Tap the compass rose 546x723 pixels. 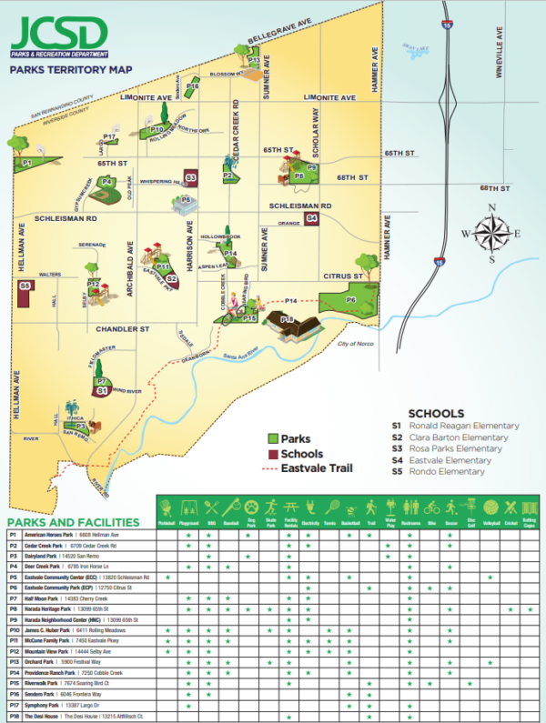(491, 232)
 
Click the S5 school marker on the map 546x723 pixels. (25, 286)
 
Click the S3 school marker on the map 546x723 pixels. (190, 176)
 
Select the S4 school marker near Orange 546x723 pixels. (311, 218)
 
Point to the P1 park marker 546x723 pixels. (27, 163)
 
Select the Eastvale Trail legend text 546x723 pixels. (315, 469)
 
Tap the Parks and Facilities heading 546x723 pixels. (74, 522)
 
